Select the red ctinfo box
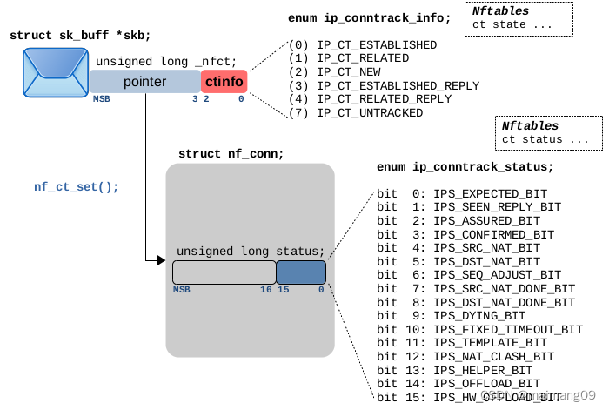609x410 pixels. pos(224,82)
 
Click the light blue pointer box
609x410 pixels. pos(144,82)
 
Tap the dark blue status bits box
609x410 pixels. pos(301,272)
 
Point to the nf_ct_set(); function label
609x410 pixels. pos(77,186)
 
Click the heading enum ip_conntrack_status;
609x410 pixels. pos(465,166)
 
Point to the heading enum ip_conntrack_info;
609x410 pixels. pos(369,18)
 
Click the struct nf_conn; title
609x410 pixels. pos(231,154)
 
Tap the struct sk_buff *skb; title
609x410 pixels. pos(80,35)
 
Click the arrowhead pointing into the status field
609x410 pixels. pos(160,259)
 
